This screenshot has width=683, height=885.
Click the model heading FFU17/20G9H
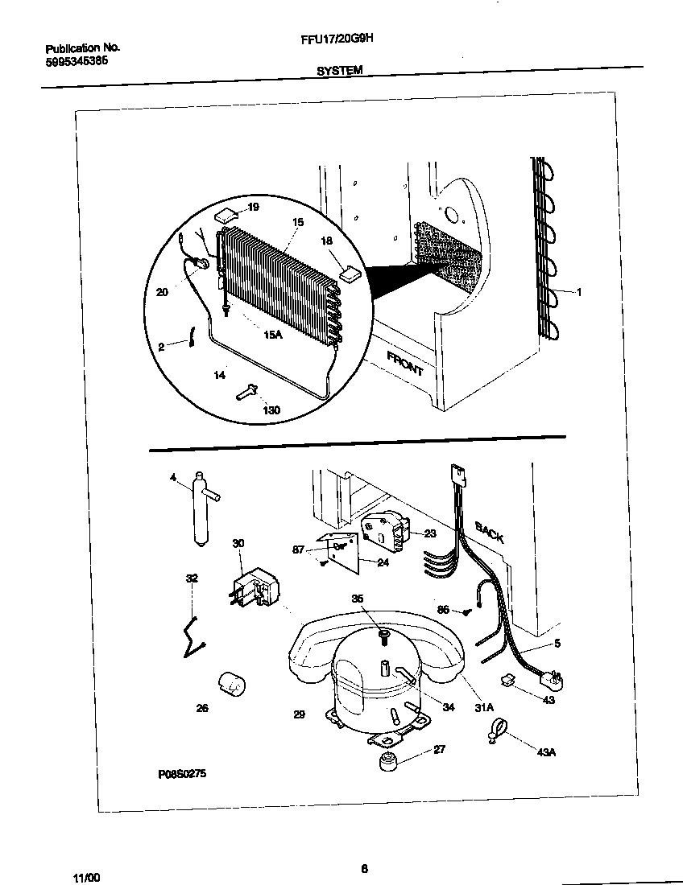click(x=337, y=47)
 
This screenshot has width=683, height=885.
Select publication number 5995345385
click(x=77, y=62)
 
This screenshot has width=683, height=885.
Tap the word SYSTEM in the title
click(x=338, y=71)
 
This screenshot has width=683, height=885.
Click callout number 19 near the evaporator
click(x=253, y=207)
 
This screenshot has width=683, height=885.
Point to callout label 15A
click(x=273, y=334)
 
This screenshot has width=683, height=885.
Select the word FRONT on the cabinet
click(x=405, y=364)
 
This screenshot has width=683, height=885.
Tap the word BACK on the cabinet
click(x=489, y=533)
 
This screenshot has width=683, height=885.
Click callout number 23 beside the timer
click(x=430, y=533)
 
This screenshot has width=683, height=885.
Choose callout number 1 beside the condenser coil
click(x=578, y=292)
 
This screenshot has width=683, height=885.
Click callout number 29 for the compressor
click(x=300, y=714)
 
